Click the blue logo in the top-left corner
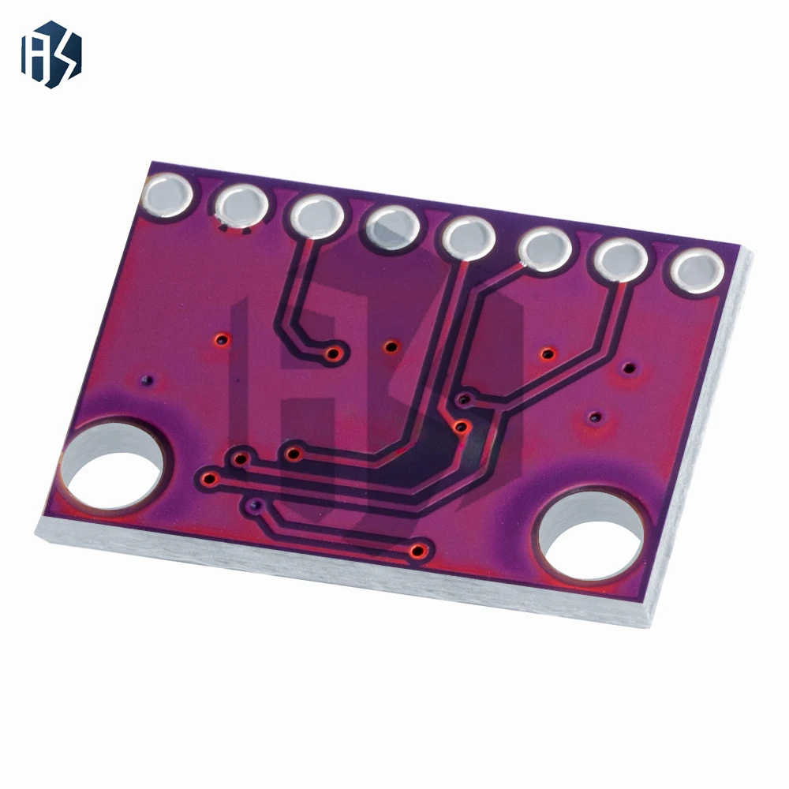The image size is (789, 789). pos(50,54)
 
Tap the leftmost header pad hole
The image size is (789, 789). pos(168,194)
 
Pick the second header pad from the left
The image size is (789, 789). pos(240,207)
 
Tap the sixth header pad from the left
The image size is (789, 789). pos(545,249)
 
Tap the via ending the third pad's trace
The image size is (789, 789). pos(335,353)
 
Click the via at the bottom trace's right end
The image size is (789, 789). pos(420,550)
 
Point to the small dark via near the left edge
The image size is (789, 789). pos(145,380)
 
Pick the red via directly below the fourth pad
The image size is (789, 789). pos(390,346)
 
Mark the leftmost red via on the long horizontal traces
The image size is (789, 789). pos(209,477)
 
